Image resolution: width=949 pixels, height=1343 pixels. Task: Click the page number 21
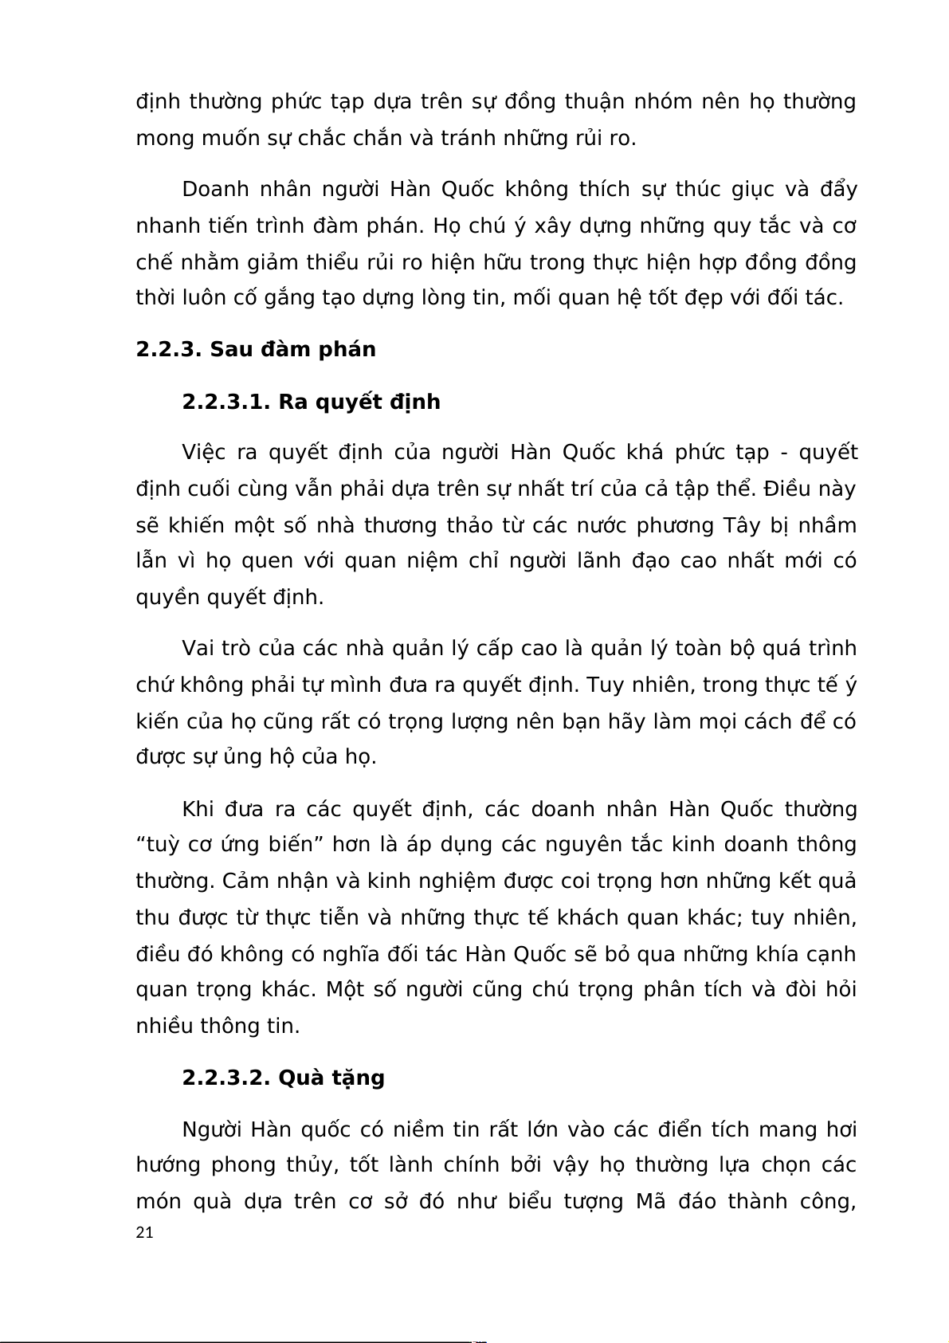click(x=144, y=1233)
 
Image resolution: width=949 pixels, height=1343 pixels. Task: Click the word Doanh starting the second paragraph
click(x=217, y=190)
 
